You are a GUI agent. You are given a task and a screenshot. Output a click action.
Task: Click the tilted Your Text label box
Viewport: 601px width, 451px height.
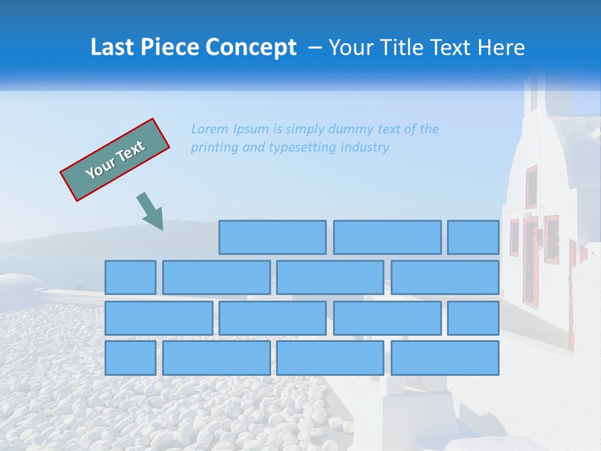point(115,160)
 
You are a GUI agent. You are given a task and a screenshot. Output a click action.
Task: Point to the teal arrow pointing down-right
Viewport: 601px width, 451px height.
point(150,211)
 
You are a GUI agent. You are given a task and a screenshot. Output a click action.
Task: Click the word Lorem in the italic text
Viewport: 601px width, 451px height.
point(210,130)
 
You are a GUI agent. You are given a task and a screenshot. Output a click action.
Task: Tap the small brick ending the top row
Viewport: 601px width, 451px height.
point(473,237)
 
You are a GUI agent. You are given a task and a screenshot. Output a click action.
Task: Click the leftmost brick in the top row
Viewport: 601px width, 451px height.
point(272,237)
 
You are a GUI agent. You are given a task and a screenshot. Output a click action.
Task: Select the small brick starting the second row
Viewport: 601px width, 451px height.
point(130,277)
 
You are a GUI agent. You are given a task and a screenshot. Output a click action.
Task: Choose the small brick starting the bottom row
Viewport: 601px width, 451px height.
point(130,358)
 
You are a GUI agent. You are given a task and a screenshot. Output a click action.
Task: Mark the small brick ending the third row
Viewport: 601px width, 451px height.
point(473,318)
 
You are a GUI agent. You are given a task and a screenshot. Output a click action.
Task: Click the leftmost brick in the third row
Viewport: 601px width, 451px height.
point(158,318)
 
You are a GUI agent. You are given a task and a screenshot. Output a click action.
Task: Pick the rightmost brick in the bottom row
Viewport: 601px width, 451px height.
point(445,358)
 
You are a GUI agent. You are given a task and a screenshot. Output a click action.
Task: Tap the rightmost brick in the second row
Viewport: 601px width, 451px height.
point(445,277)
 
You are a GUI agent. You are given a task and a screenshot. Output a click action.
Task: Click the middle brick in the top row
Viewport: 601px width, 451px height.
point(387,237)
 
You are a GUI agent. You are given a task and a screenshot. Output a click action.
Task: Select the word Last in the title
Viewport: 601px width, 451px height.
point(111,48)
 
